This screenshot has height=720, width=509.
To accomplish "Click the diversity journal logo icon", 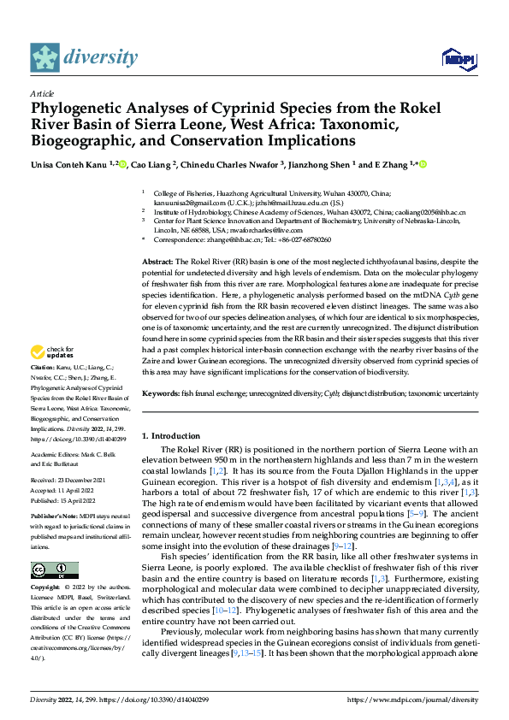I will [45, 57].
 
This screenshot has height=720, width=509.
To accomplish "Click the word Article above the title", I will [41, 92].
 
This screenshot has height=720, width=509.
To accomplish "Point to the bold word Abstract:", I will [158, 260].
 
